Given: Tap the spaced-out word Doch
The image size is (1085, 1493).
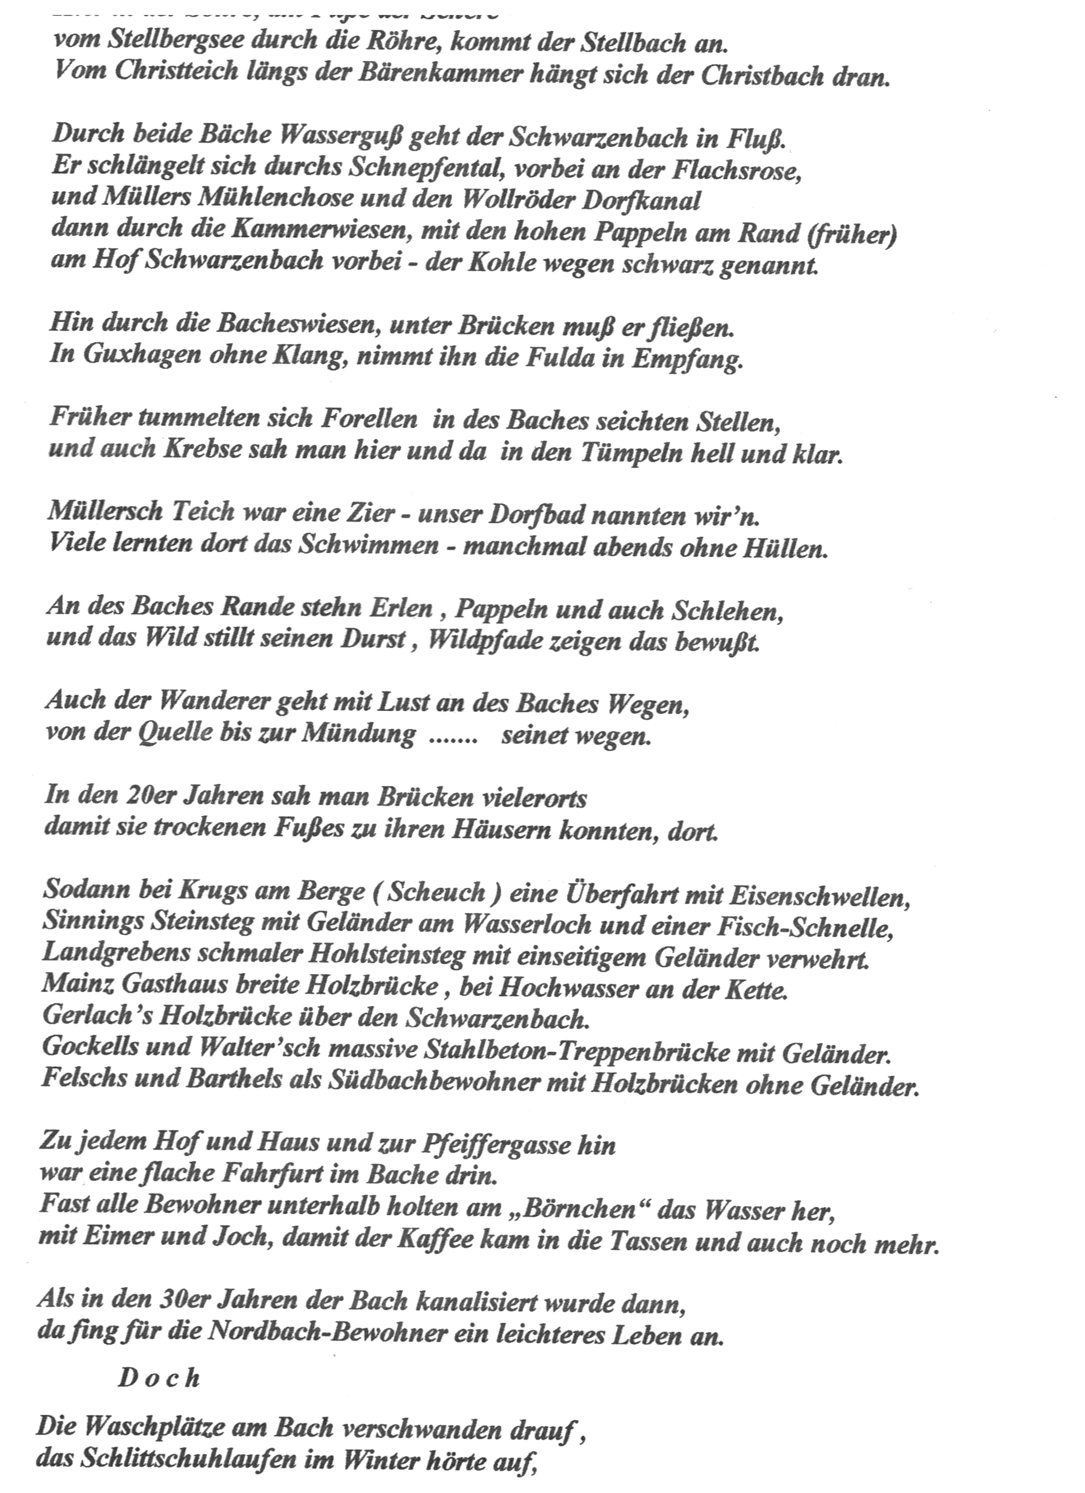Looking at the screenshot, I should click(x=159, y=1378).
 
